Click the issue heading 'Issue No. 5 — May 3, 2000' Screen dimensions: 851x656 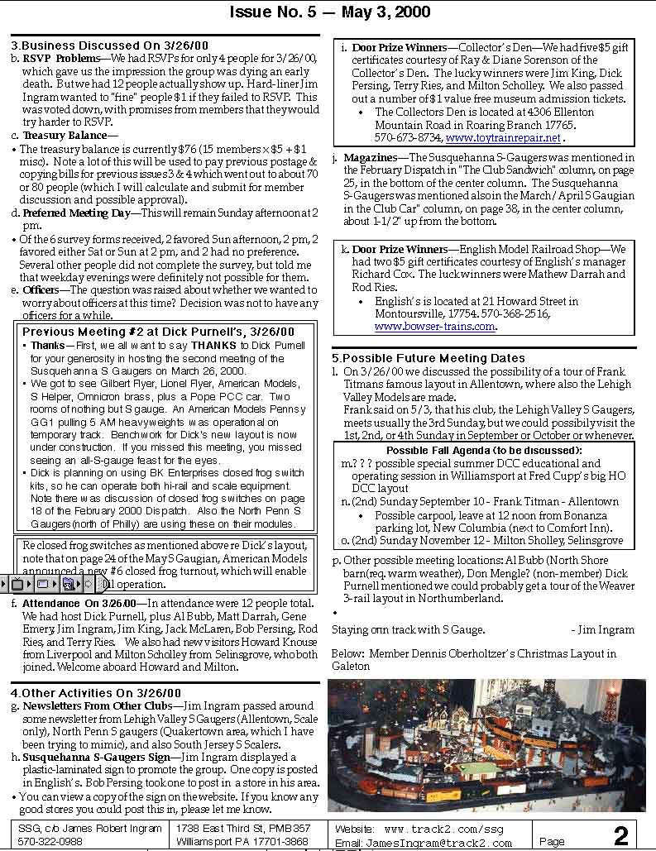point(329,12)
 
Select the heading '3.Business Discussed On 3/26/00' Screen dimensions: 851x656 point(109,45)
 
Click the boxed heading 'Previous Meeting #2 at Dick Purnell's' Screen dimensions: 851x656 point(158,331)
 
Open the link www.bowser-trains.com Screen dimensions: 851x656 point(435,326)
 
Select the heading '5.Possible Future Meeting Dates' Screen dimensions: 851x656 point(429,358)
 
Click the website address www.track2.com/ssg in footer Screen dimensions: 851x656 point(443,828)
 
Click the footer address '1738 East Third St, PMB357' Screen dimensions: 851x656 point(243,828)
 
